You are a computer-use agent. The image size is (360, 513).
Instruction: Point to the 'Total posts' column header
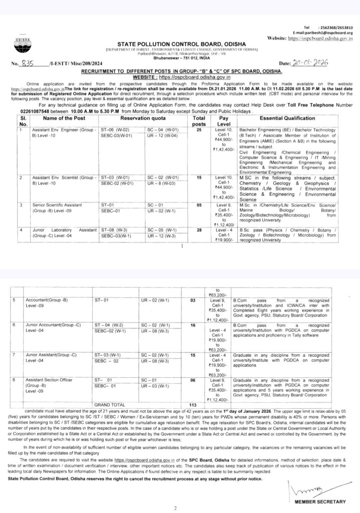(x=202, y=120)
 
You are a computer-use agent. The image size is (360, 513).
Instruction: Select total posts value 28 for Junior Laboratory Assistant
(x=202, y=230)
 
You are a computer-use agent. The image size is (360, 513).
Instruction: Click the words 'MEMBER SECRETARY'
(x=320, y=501)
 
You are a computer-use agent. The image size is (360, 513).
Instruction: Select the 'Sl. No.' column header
(x=22, y=120)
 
